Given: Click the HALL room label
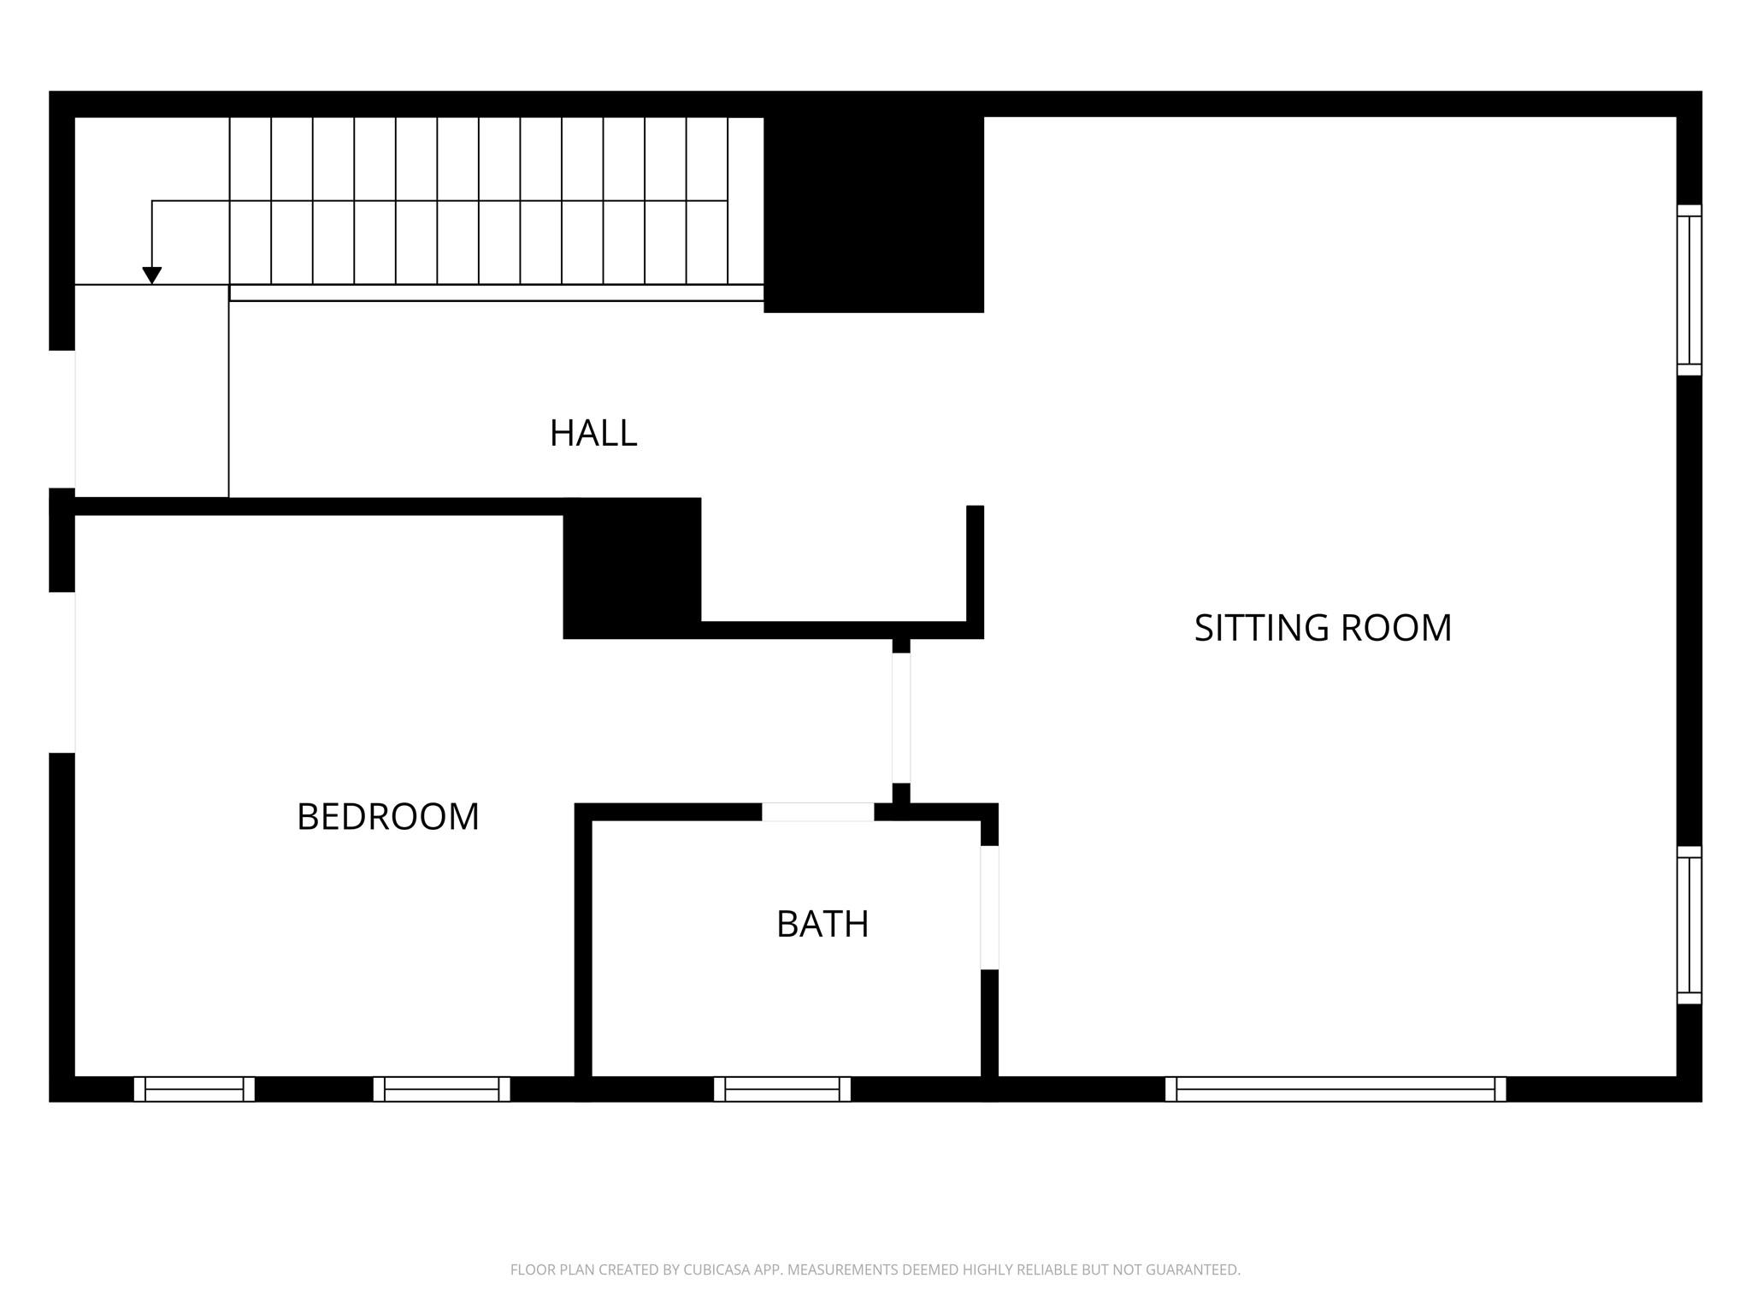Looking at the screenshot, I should point(593,433).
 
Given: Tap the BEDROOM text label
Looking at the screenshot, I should point(387,817).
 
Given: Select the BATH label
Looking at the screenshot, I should point(822,925).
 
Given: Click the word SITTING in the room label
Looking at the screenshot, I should point(1260,628).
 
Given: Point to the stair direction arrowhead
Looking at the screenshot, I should point(152,275).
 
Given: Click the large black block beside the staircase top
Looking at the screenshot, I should point(873,214).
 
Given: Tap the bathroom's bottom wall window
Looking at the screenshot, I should point(782,1089).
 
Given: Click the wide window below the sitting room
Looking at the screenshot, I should point(1335,1089).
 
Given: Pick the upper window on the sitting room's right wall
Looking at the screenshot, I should point(1689,290).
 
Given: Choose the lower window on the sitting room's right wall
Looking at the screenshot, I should point(1689,925).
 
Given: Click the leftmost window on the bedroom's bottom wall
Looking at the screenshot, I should point(194,1089).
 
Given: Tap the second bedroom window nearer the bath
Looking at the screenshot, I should point(441,1089).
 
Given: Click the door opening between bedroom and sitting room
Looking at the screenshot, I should point(901,718).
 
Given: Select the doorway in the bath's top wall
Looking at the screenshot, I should point(817,812).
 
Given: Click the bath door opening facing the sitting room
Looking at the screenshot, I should point(989,907).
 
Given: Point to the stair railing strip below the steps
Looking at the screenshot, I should point(496,293).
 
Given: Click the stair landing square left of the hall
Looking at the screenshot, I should point(152,390).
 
